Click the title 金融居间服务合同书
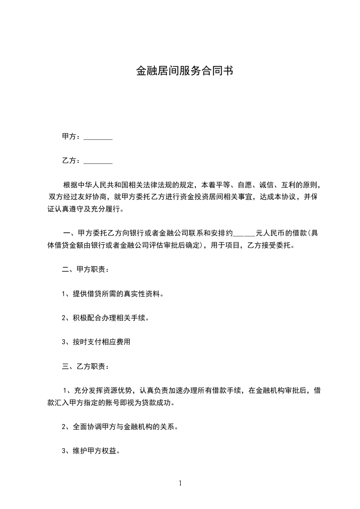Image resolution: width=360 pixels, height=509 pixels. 185,71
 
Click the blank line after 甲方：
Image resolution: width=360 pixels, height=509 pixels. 98,137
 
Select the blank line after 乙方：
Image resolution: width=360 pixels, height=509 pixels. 98,161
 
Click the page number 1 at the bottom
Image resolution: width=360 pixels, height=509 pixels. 180,483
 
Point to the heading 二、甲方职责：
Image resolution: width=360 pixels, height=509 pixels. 85,269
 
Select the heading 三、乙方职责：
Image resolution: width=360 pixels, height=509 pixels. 85,366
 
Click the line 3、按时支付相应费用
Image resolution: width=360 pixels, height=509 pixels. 96,342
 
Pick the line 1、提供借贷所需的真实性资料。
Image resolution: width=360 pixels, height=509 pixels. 112,294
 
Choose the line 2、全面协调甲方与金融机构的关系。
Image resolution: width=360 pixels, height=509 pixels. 119,427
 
